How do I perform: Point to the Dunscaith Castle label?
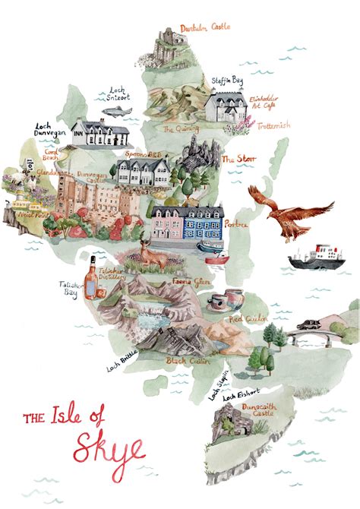tap(255, 411)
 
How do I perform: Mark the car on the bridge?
tap(310, 325)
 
